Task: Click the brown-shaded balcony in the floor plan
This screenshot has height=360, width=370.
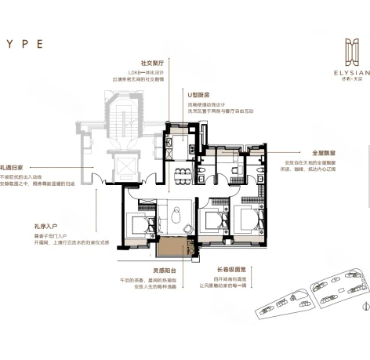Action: (169, 250)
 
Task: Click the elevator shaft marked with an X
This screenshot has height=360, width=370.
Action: (124, 167)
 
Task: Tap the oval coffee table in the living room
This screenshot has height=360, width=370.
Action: (176, 211)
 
